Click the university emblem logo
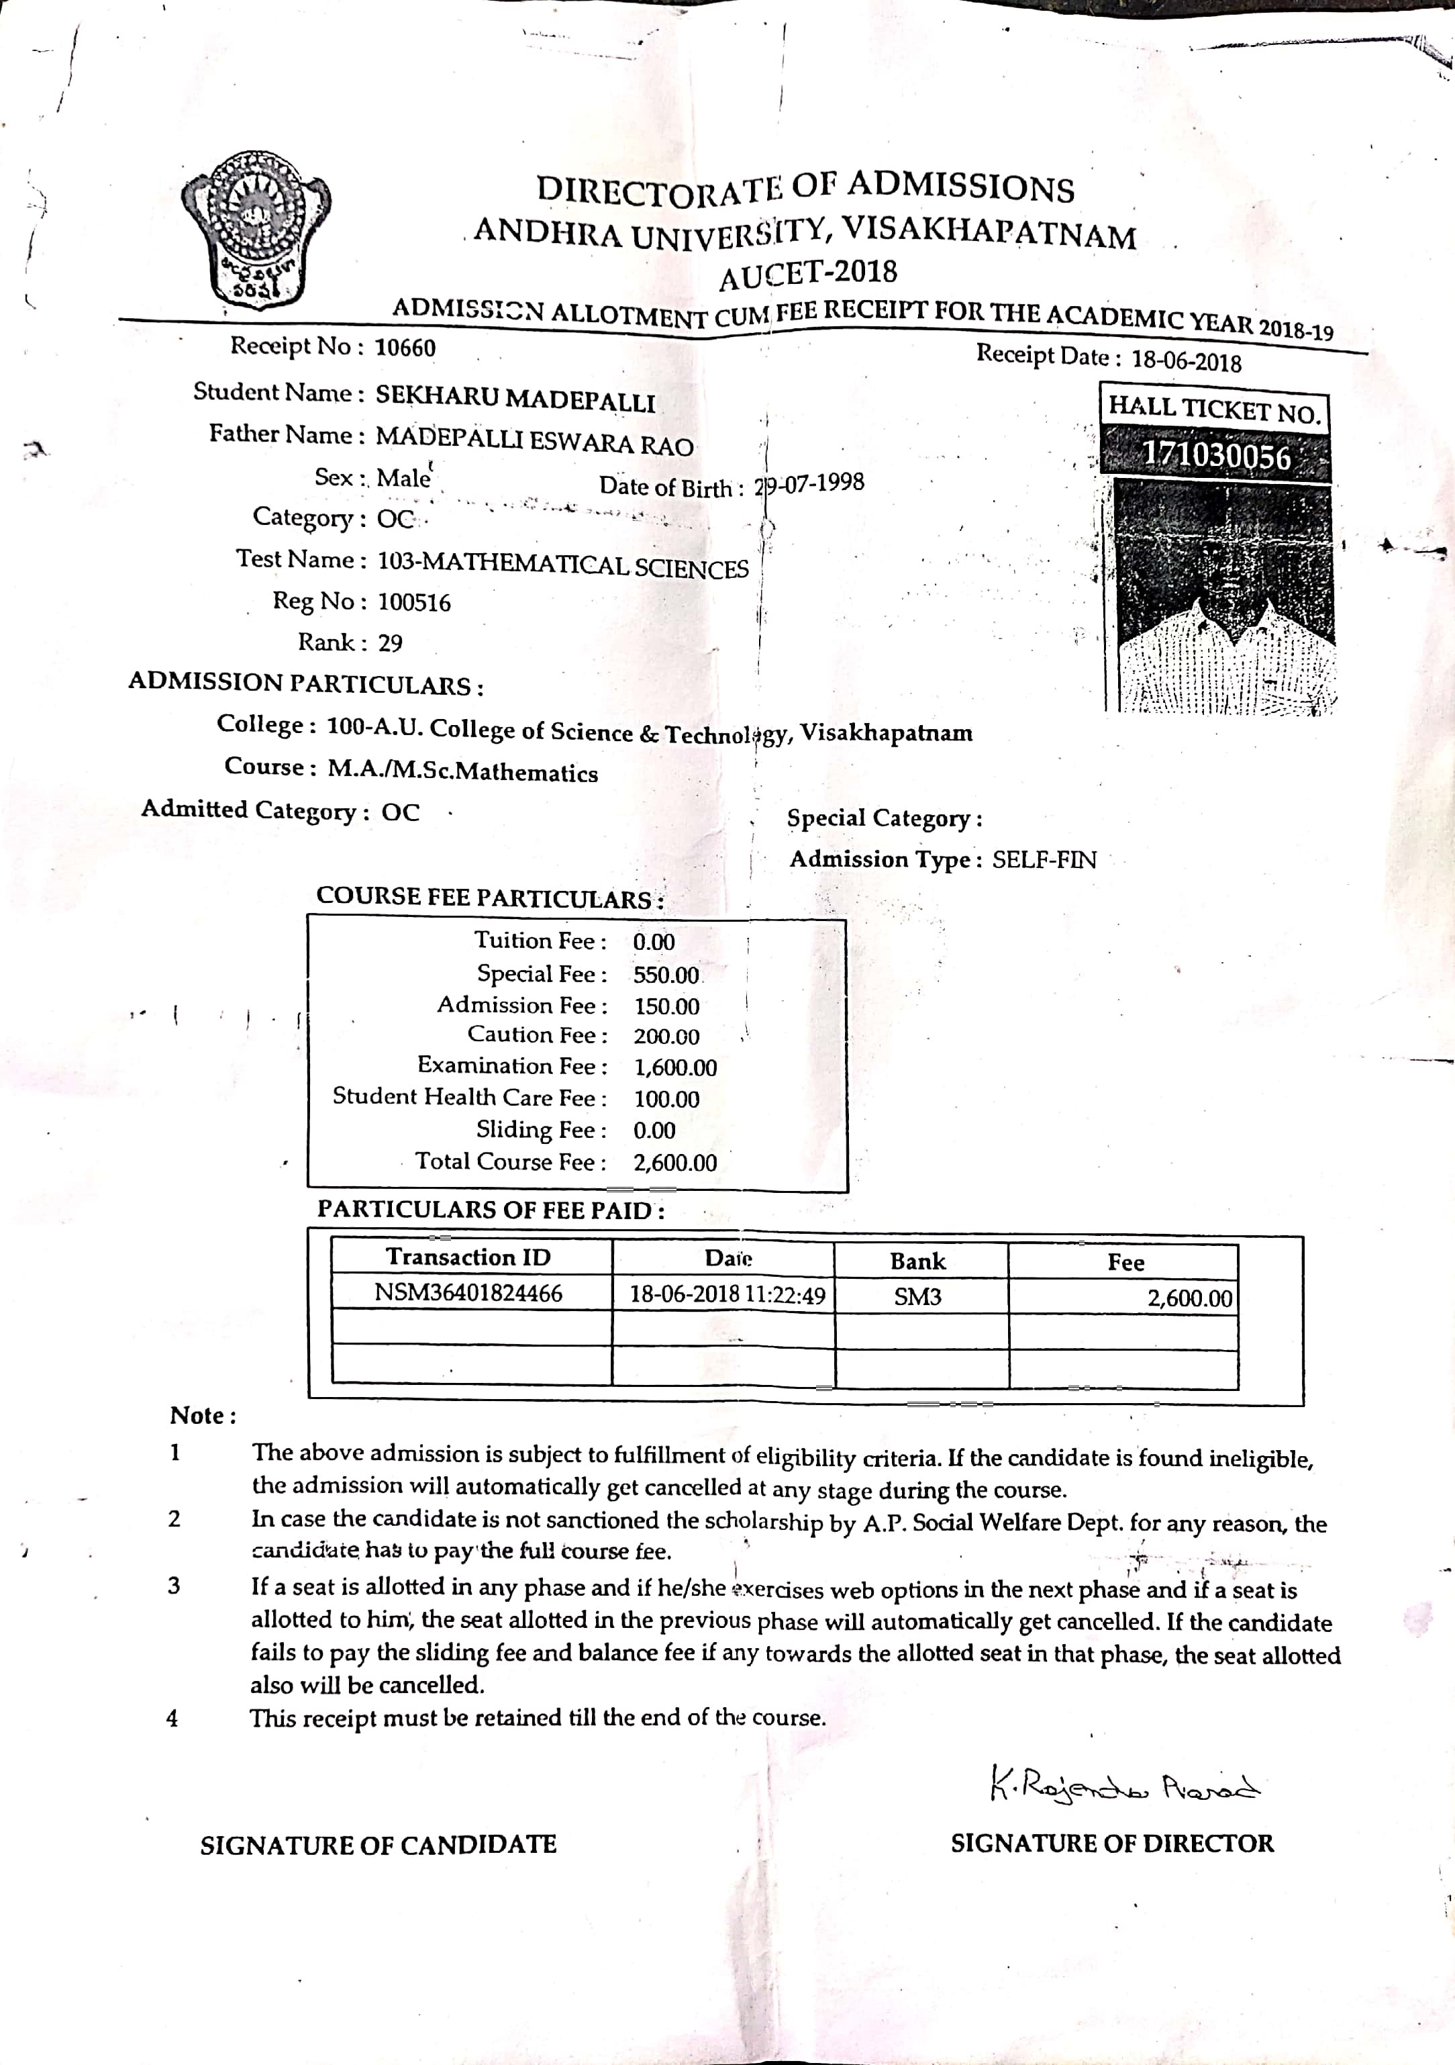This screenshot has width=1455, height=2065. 256,232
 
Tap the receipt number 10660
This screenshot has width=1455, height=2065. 405,348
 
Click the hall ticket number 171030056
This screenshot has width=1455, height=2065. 1216,456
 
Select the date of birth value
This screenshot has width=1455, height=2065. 809,484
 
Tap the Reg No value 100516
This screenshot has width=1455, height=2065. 413,603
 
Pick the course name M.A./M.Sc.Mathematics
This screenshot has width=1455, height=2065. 462,771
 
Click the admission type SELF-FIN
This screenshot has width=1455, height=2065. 1044,860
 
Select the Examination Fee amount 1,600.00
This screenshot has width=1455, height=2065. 675,1067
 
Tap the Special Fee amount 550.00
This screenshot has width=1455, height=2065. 666,975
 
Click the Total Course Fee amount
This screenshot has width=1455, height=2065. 675,1163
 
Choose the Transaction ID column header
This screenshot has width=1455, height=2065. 468,1257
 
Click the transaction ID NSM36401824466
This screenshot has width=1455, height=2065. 468,1294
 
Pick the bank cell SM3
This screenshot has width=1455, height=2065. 917,1297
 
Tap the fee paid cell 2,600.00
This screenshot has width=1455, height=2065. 1189,1298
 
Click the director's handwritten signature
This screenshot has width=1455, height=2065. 1124,1785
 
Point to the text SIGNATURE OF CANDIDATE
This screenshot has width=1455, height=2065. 378,1845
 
